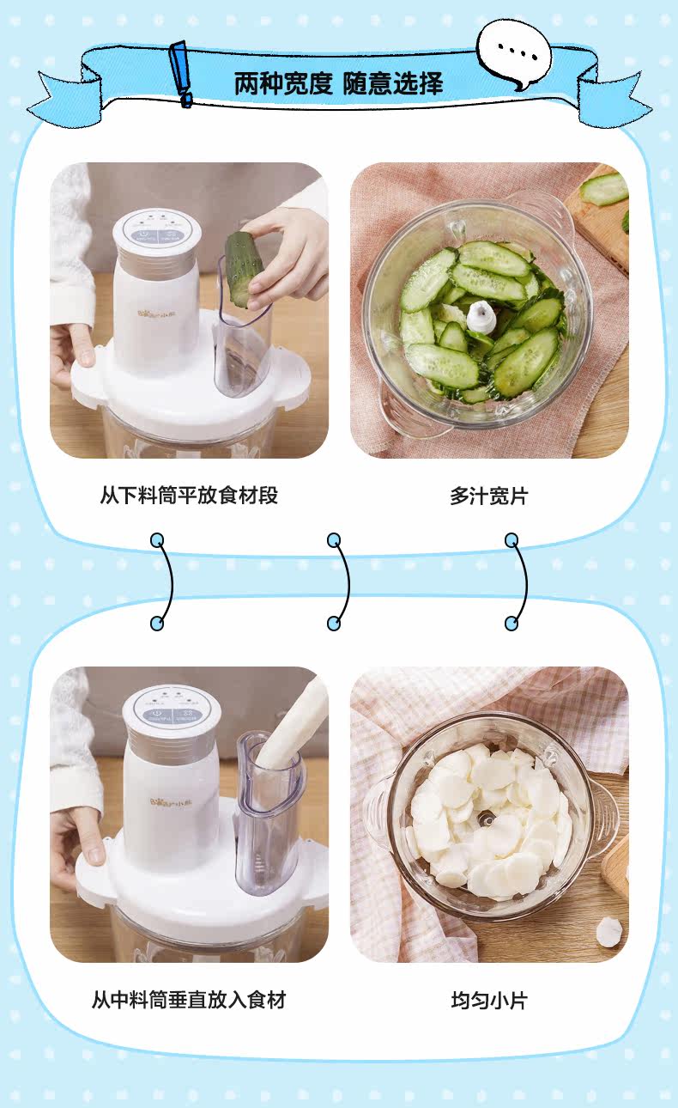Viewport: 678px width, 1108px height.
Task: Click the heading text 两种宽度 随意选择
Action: (338, 83)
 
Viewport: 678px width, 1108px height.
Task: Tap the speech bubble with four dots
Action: (514, 54)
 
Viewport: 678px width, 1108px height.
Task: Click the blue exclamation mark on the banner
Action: (181, 74)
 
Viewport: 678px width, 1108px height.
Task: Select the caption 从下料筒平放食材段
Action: (190, 495)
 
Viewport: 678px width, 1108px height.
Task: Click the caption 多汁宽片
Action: (489, 496)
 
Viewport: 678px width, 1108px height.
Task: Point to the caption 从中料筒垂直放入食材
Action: (189, 1000)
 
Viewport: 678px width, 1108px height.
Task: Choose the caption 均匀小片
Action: (489, 1000)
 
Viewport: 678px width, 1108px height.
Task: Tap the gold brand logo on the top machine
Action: (154, 313)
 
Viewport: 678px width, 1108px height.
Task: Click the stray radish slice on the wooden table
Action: (608, 933)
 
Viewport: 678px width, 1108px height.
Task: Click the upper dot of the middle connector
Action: (334, 539)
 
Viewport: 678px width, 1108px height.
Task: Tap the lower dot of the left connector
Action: (157, 623)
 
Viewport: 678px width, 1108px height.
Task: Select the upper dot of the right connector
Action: (512, 539)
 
